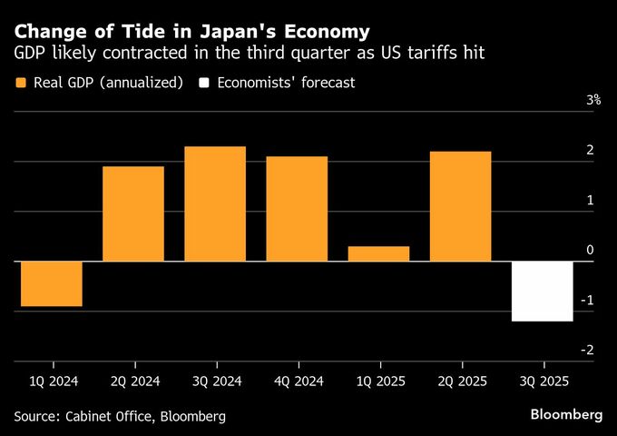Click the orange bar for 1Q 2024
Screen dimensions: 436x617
[52, 283]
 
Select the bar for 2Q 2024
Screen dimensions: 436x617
[133, 213]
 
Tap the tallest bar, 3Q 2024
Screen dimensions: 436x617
[215, 203]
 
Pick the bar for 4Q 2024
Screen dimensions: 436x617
[297, 209]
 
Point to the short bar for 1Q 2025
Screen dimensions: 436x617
[378, 253]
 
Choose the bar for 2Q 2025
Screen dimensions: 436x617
[460, 206]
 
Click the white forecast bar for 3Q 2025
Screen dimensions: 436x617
[542, 291]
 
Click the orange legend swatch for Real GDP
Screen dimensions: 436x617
[21, 83]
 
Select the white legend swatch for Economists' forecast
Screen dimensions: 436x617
[205, 83]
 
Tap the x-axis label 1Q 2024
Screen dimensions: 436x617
[52, 381]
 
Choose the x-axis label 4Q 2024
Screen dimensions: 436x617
[297, 381]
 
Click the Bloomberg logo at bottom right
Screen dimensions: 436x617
[566, 414]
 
